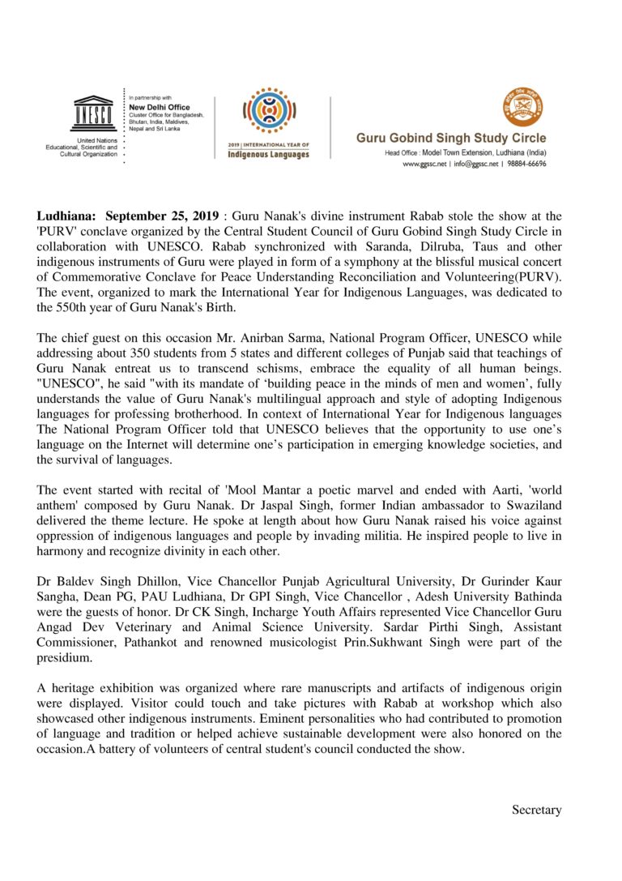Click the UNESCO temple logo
point(95,112)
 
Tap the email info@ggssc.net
point(471,163)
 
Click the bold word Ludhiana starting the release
point(67,216)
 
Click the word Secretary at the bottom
point(536,809)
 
